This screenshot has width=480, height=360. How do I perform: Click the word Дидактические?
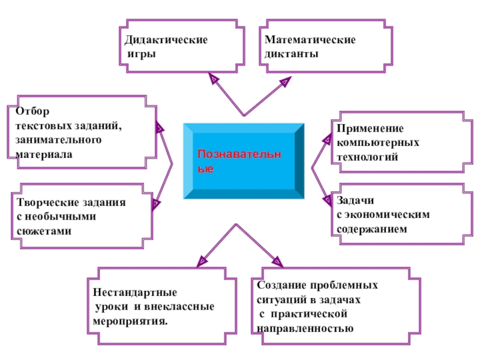click(x=166, y=40)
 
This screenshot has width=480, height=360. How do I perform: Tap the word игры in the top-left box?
click(x=142, y=54)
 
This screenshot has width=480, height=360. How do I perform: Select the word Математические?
click(x=310, y=40)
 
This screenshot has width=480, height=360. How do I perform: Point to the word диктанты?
click(x=290, y=54)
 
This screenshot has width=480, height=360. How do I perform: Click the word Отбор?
click(x=30, y=112)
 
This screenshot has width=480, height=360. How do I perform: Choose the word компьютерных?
click(x=377, y=143)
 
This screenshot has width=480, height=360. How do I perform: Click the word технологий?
click(x=367, y=157)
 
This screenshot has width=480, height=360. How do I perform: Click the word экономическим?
click(x=388, y=214)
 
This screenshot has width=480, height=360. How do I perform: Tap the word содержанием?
click(x=371, y=229)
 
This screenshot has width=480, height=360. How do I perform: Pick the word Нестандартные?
click(x=135, y=293)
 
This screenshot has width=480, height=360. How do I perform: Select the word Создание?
click(x=281, y=286)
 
